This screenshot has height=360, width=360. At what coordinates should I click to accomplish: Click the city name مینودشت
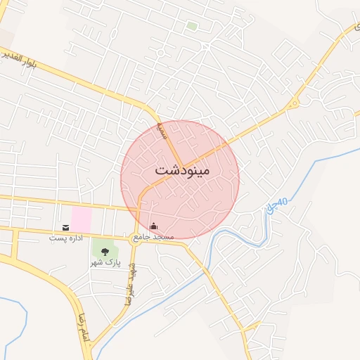click(x=181, y=171)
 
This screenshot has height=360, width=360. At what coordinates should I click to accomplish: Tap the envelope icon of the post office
click(x=65, y=227)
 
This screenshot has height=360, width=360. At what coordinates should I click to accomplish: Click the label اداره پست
click(x=65, y=238)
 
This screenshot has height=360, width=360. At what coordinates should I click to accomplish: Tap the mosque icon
click(x=154, y=226)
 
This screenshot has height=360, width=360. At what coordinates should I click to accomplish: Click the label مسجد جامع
click(x=154, y=238)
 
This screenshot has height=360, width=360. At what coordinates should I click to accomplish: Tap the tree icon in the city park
click(x=105, y=250)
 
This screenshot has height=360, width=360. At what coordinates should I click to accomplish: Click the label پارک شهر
click(x=105, y=263)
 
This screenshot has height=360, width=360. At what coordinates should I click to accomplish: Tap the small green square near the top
click(x=191, y=26)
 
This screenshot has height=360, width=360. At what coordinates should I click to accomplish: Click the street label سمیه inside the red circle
click(x=162, y=131)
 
